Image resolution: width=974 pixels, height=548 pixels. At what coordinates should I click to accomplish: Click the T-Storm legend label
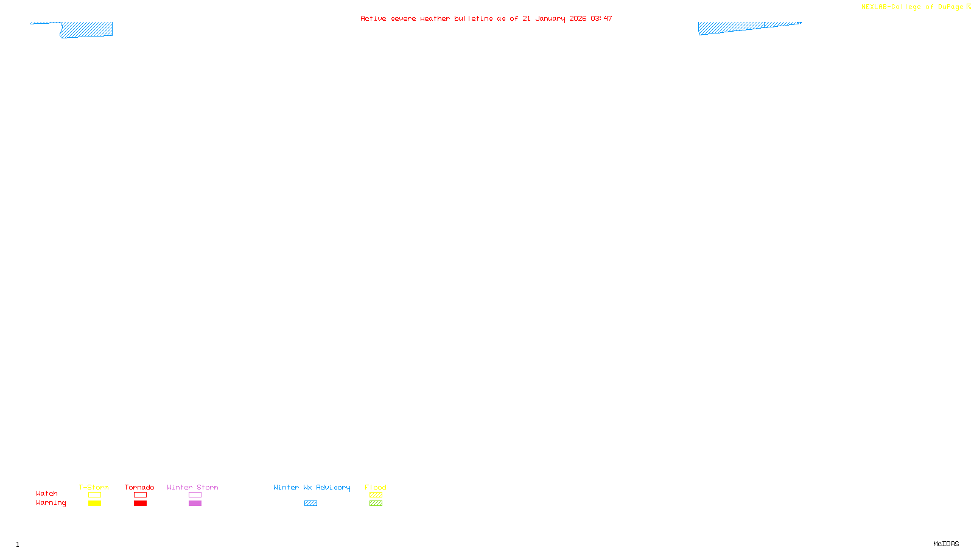click(94, 487)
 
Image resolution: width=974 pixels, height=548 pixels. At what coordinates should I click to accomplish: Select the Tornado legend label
click(139, 487)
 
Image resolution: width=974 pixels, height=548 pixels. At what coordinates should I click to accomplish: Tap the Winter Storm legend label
click(192, 487)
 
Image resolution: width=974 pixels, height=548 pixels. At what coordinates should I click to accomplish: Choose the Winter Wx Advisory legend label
click(312, 487)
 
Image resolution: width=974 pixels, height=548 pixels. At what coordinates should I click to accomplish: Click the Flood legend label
click(376, 487)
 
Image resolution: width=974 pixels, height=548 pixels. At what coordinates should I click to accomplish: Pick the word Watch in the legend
click(47, 493)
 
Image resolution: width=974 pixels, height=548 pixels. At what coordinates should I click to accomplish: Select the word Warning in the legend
click(51, 503)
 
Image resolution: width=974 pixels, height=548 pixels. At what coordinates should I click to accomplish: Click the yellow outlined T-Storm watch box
click(94, 495)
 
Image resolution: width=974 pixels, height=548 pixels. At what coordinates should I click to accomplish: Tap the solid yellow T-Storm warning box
click(94, 504)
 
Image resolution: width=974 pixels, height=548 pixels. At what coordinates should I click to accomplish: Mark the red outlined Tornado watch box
click(140, 495)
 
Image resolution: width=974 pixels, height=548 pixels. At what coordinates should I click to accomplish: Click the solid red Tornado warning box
click(140, 504)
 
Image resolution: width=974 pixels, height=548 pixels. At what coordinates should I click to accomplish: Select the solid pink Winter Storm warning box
click(195, 504)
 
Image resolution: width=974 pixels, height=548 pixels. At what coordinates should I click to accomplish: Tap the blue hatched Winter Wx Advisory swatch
click(310, 504)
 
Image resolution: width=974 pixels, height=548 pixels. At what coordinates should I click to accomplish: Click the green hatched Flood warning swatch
click(376, 504)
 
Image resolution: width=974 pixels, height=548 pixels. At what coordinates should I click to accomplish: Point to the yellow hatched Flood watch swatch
click(376, 495)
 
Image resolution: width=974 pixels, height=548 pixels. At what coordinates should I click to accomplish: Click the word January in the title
click(550, 18)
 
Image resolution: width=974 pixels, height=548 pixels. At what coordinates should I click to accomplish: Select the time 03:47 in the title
click(601, 18)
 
